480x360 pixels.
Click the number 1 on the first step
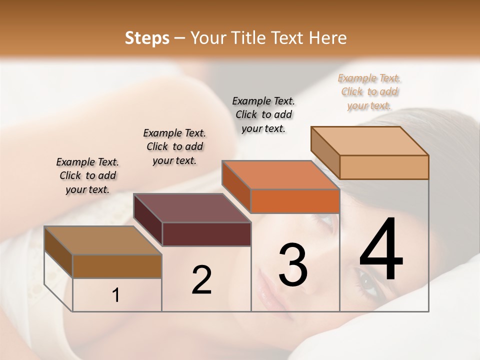click(115, 295)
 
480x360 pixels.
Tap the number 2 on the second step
click(201, 279)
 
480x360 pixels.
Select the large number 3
click(292, 264)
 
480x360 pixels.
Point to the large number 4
click(381, 249)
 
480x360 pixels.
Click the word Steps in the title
click(147, 38)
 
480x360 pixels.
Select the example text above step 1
click(87, 175)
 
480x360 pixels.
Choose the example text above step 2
click(174, 146)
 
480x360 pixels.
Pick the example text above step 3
click(263, 114)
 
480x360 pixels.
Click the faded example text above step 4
click(369, 91)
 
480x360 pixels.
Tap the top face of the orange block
click(280, 175)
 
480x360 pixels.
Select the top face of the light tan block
click(369, 140)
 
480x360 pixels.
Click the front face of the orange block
click(295, 201)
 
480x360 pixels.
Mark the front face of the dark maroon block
click(206, 234)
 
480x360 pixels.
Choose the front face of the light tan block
click(384, 167)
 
